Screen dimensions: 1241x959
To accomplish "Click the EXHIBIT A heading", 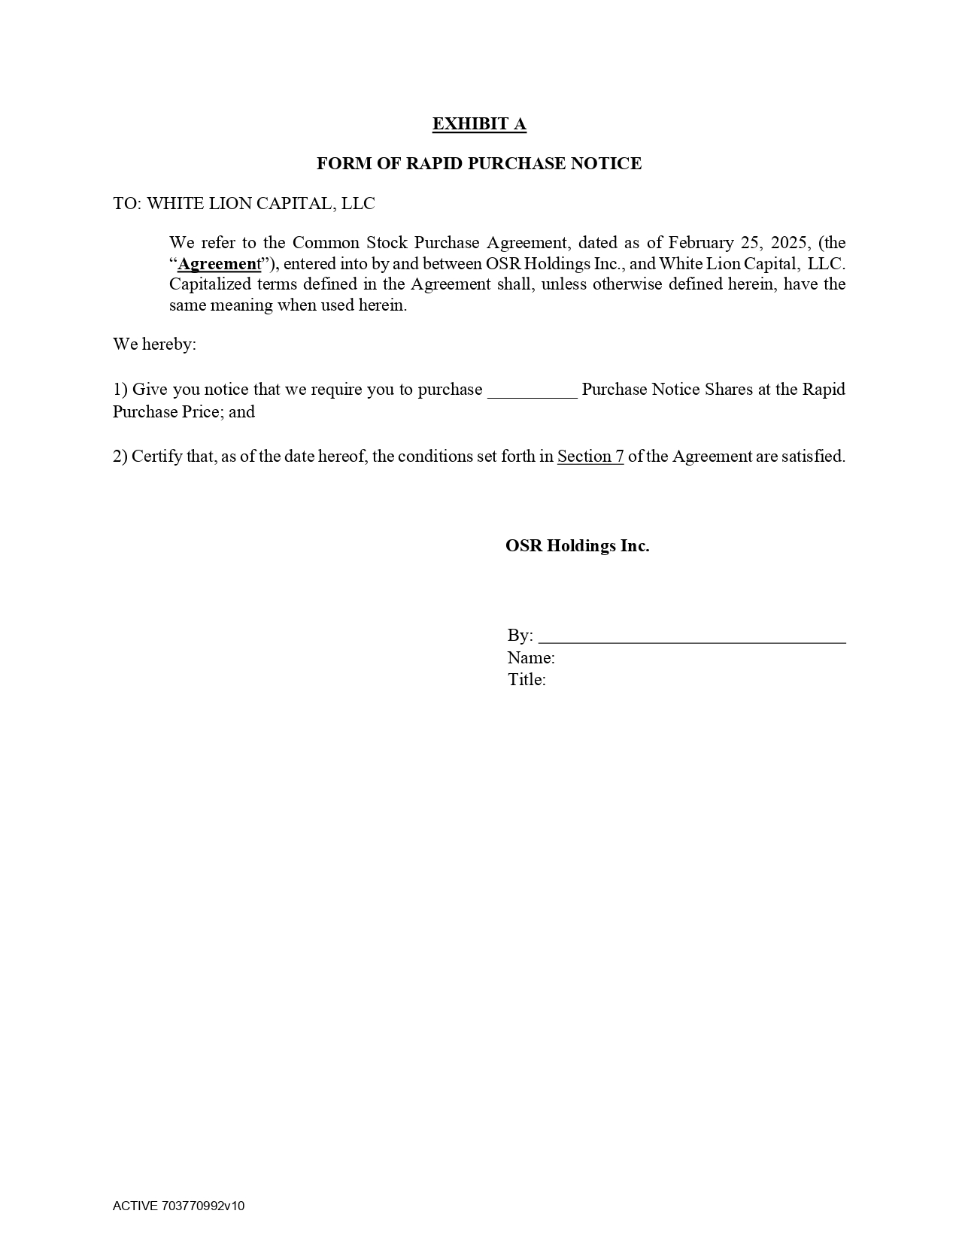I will (x=479, y=124).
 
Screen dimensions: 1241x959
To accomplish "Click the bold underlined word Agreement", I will (x=219, y=264).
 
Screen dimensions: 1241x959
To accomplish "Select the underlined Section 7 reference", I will (x=590, y=457).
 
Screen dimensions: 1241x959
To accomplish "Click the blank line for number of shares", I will (x=532, y=390).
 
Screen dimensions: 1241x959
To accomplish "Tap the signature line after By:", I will (x=692, y=636).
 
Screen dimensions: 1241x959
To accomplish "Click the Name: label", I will (x=531, y=658).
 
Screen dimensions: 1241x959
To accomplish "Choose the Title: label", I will (x=527, y=680).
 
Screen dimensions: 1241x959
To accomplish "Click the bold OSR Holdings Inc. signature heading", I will (x=577, y=546).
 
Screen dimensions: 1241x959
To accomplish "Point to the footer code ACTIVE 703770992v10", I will (x=179, y=1206).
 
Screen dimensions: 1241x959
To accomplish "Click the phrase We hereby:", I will (x=154, y=344).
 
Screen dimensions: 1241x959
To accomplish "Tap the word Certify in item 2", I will (x=156, y=457).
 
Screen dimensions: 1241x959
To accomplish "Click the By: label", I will (x=520, y=636).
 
